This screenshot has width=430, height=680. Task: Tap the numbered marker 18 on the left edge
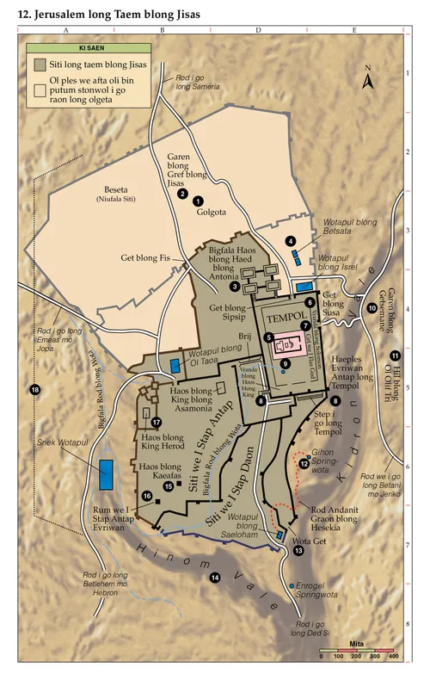(x=35, y=390)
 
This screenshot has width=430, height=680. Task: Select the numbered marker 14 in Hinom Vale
(x=216, y=577)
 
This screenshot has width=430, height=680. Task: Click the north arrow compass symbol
(x=367, y=81)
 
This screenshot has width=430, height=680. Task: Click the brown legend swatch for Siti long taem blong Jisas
(x=40, y=65)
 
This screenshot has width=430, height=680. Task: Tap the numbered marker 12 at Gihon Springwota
(x=304, y=463)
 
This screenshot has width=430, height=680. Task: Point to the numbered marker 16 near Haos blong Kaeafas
(x=147, y=496)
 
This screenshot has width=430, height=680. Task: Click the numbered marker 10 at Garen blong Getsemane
(x=372, y=308)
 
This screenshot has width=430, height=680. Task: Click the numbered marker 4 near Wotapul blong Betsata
(x=292, y=240)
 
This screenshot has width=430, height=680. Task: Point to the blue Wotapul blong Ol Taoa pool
(x=176, y=366)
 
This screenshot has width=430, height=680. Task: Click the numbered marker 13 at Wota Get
(x=298, y=551)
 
